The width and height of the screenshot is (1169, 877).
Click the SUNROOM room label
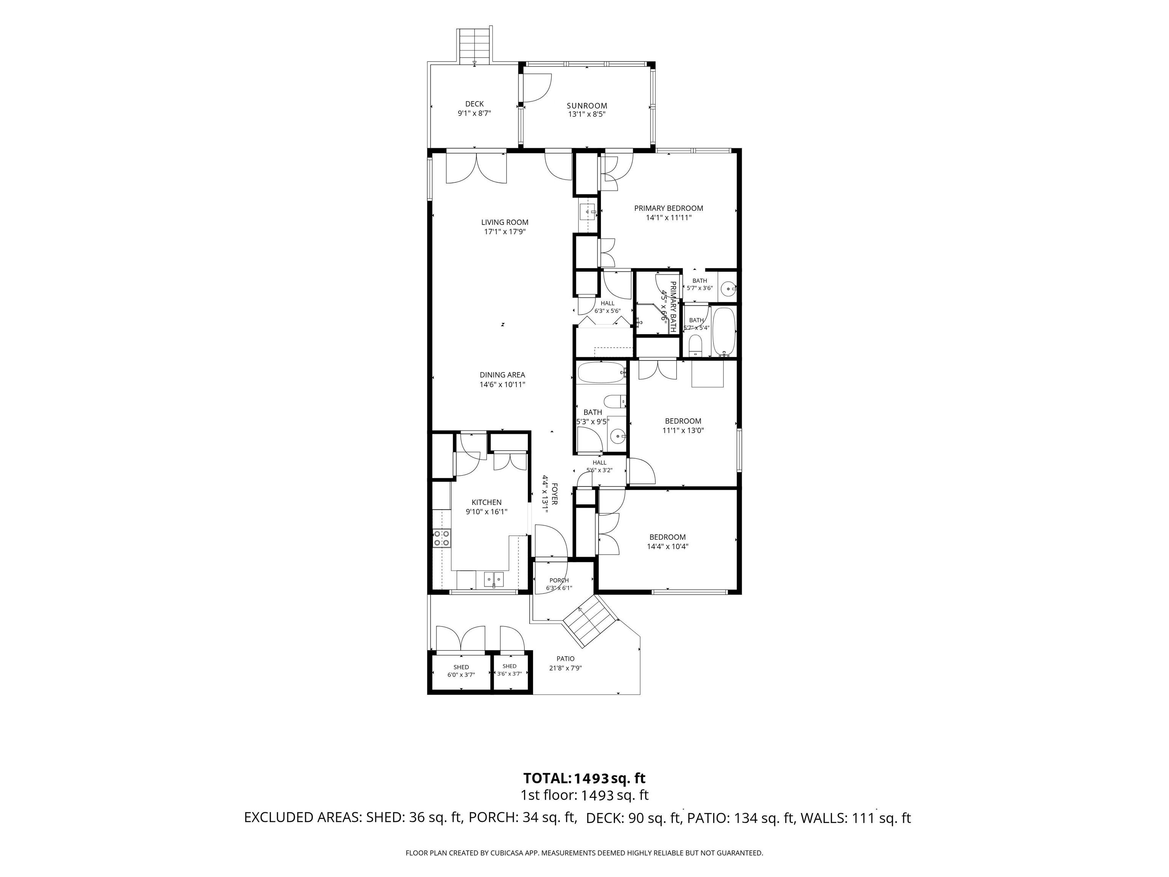point(587,106)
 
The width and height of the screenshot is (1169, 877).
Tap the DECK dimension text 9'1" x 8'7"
point(474,113)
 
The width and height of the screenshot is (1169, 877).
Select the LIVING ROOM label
point(505,223)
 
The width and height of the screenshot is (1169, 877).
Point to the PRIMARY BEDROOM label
point(669,208)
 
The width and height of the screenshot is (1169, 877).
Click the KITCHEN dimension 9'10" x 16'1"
point(486,512)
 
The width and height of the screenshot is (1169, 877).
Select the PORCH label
point(559,580)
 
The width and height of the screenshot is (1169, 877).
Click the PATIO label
point(565,659)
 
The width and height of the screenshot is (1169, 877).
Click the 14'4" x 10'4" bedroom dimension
point(667,547)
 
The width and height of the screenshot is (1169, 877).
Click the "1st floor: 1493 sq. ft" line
point(584,795)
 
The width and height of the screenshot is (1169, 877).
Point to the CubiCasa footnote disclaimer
point(584,853)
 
